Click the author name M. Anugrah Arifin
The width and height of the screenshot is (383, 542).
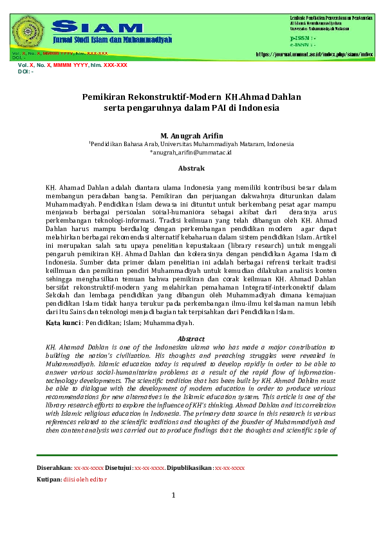pyautogui.click(x=191, y=136)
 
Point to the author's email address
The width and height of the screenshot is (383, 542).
pyautogui.click(x=191, y=153)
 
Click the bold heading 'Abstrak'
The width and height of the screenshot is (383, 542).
pyautogui.click(x=191, y=169)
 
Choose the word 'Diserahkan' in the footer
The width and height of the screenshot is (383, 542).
pyautogui.click(x=54, y=468)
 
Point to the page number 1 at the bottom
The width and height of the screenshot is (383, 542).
pyautogui.click(x=173, y=495)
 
